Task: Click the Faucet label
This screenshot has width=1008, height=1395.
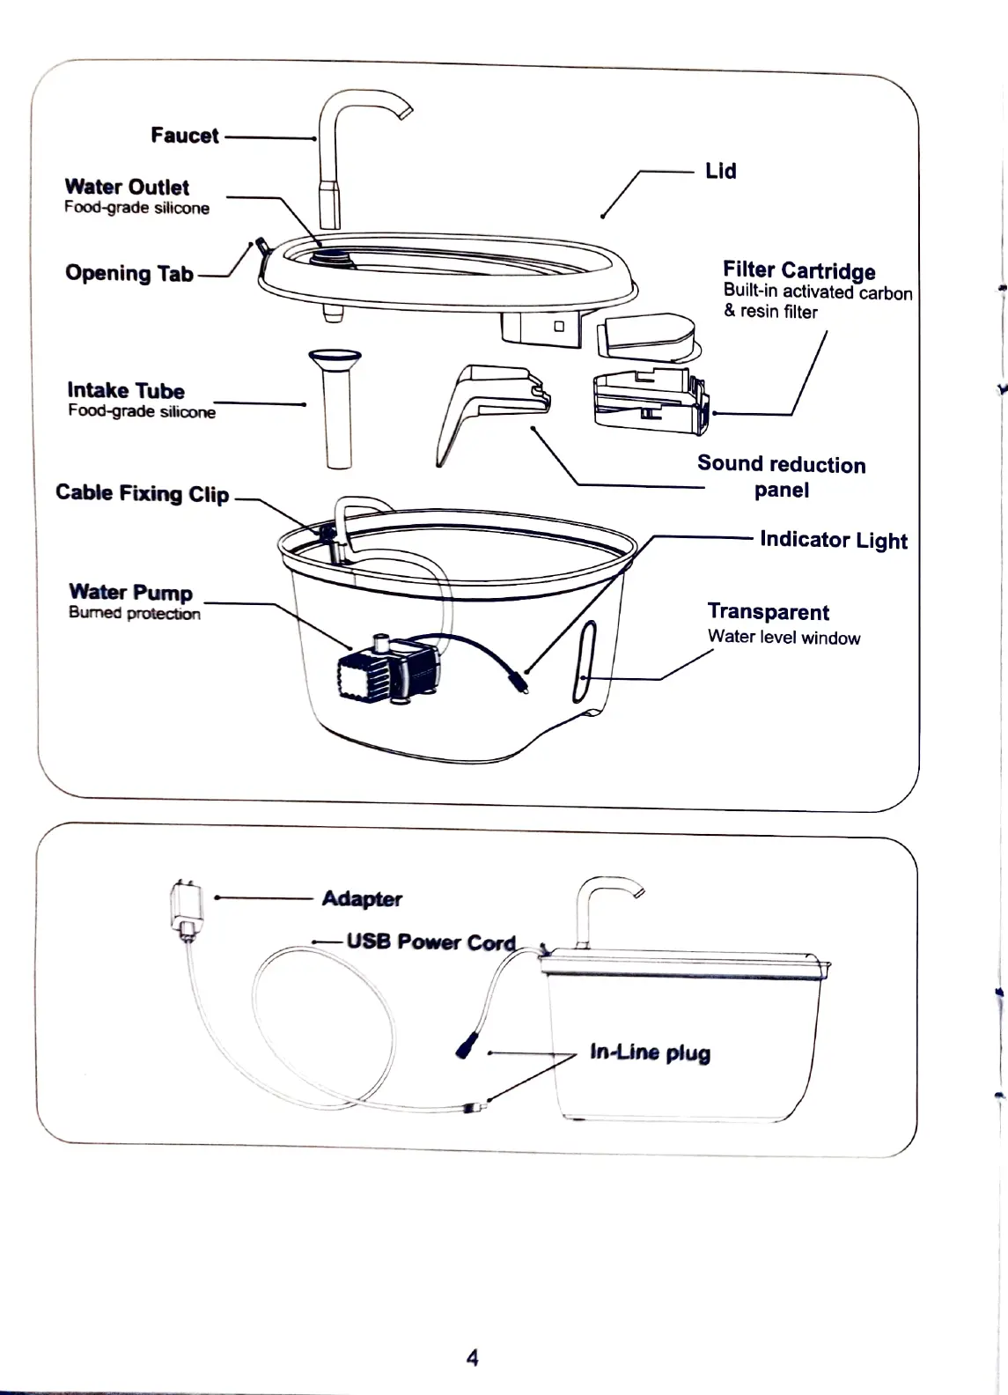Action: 184,136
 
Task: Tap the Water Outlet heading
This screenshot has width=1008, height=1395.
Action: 127,187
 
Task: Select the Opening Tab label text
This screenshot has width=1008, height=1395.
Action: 129,273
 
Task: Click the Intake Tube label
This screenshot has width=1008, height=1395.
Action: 126,390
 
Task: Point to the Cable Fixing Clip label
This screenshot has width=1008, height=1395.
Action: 142,493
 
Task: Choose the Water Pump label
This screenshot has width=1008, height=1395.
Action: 130,592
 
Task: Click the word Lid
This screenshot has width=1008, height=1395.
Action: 720,171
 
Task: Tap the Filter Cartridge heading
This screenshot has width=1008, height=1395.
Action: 798,270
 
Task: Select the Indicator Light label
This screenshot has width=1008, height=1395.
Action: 833,540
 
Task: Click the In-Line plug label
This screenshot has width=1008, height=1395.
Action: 650,1052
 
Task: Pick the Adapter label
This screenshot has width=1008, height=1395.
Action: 362,898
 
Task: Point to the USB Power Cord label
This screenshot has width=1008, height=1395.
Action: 430,941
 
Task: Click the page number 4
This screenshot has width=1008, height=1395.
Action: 472,1357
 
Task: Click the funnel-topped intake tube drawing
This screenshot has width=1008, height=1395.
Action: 335,405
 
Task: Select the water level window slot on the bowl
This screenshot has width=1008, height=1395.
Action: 585,661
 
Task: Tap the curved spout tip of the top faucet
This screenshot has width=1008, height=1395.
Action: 404,110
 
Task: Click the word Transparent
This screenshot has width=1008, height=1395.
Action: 768,612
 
